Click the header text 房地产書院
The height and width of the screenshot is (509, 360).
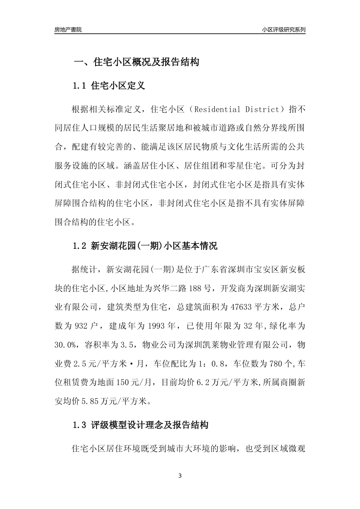pos(68,30)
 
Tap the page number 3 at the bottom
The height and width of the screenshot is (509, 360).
pos(180,476)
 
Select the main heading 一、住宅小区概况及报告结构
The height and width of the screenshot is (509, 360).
pos(136,62)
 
